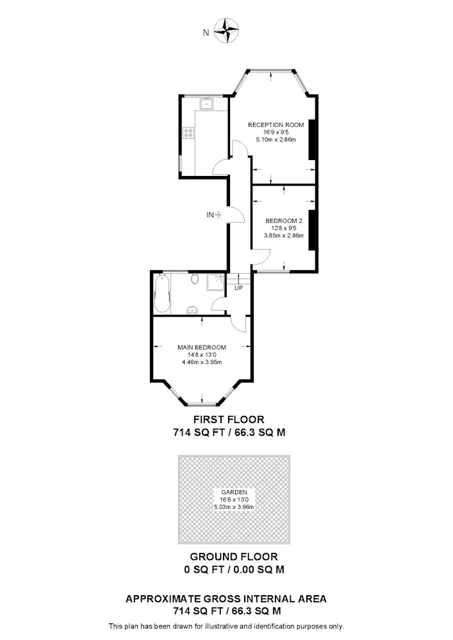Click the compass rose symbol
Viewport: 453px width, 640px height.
coord(226,31)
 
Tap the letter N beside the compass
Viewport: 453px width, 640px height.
coord(206,33)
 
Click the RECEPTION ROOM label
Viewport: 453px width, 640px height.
coord(276,125)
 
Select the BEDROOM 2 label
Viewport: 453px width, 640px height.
coord(284,221)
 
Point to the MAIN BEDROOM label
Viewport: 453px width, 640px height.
coord(202,348)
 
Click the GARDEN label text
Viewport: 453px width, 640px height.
coord(234,492)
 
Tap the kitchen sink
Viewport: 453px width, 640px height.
coord(207,104)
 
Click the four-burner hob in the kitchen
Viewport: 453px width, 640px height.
coord(189,132)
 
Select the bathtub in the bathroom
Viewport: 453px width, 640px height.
coord(161,294)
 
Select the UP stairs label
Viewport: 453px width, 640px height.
coord(238,288)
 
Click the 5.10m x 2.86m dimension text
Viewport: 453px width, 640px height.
coord(276,140)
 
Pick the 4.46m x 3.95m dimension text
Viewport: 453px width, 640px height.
coord(202,362)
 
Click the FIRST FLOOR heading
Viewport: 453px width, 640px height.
coord(229,419)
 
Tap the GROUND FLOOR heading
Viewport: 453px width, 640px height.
coord(234,557)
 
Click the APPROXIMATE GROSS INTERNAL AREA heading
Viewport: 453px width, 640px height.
coord(226,599)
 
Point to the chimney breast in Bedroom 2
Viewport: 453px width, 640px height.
coord(311,230)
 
